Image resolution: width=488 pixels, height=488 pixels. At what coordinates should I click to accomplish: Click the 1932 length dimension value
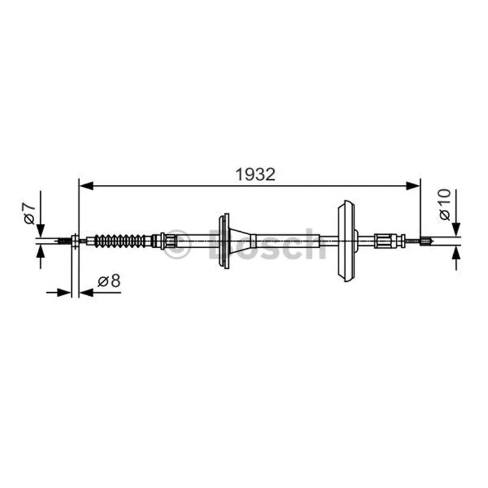pos(256,174)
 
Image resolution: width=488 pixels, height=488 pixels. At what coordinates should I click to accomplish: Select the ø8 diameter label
pos(109,281)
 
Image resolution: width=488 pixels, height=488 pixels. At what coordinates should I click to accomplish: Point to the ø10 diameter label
pos(445,204)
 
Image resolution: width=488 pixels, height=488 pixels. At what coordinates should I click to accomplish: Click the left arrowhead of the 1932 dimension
pos(86,186)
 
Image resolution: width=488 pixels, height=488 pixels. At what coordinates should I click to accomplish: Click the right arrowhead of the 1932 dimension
pos(414,186)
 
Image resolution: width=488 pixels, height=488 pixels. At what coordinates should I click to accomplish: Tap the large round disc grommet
pos(346,241)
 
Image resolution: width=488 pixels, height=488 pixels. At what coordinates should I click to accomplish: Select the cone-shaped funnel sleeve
pos(242,240)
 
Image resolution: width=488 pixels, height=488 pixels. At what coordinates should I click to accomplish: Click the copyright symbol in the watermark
pos(177,244)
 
